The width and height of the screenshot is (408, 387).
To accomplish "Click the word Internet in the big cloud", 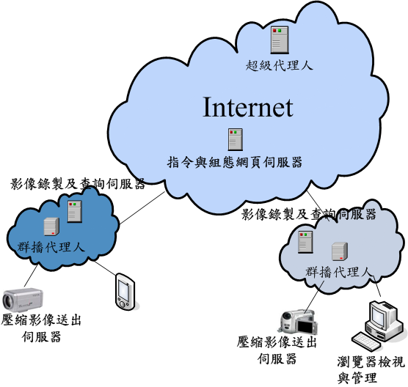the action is pyautogui.click(x=248, y=107).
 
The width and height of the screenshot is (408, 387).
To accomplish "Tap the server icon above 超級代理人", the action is pyautogui.click(x=280, y=40).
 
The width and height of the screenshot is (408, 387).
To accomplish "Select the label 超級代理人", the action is pyautogui.click(x=279, y=65).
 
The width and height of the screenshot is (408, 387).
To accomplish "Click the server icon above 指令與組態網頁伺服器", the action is pyautogui.click(x=236, y=139).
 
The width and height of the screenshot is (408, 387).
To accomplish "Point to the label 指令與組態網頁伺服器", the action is pyautogui.click(x=235, y=163).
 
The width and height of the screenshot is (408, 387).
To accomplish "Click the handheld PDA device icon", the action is pyautogui.click(x=125, y=292).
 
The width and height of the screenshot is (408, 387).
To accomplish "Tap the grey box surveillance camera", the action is pyautogui.click(x=23, y=300).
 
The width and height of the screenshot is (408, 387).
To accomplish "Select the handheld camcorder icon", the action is pyautogui.click(x=299, y=322).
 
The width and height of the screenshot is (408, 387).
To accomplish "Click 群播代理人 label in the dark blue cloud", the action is pyautogui.click(x=51, y=247).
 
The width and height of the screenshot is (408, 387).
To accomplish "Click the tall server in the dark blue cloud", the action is pyautogui.click(x=75, y=211).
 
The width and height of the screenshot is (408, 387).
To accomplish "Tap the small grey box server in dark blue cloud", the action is pyautogui.click(x=51, y=226).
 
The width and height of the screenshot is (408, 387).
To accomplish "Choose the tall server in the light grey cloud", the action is pyautogui.click(x=305, y=242).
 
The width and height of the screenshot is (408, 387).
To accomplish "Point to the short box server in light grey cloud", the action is pyautogui.click(x=340, y=251).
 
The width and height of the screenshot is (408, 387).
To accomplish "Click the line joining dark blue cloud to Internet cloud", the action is pyautogui.click(x=142, y=208).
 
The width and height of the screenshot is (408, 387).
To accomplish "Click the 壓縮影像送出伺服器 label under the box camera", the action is pyautogui.click(x=41, y=328).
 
